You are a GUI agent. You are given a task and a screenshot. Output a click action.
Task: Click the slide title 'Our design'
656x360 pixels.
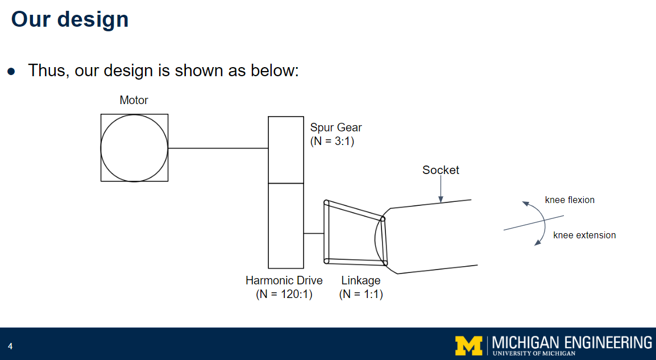tap(70, 19)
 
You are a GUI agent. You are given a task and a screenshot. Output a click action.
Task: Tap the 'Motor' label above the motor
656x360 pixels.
tap(134, 101)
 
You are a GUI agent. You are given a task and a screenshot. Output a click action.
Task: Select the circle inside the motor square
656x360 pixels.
tap(134, 148)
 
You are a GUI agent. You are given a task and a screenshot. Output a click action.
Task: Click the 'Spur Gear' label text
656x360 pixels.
tap(336, 127)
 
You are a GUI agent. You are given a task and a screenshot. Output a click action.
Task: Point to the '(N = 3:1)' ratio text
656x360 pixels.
tap(332, 142)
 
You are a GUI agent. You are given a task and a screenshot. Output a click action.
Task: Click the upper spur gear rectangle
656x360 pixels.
tap(286, 150)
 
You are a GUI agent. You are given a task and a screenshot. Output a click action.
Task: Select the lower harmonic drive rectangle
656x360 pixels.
tap(286, 226)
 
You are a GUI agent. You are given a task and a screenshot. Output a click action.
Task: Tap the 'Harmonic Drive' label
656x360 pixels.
tap(284, 280)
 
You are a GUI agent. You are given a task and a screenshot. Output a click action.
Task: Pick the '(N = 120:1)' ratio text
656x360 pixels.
tap(284, 294)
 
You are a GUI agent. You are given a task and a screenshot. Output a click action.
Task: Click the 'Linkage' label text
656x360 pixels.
tap(361, 280)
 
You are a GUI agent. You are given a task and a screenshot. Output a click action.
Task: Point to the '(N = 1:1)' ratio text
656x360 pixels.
tap(361, 294)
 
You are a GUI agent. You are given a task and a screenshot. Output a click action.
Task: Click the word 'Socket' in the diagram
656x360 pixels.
tap(441, 170)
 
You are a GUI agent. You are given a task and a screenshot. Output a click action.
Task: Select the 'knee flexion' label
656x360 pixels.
tap(570, 200)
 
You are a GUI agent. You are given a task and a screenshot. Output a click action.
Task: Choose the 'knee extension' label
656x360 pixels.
tap(584, 235)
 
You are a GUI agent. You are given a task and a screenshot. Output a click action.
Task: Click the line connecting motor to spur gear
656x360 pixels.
tap(218, 148)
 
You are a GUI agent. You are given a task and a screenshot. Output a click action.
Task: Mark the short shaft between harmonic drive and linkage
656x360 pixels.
tap(313, 233)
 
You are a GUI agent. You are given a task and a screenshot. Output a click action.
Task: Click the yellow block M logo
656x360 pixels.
tap(468, 344)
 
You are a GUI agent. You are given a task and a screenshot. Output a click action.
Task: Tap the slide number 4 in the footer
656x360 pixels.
tap(10, 346)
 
